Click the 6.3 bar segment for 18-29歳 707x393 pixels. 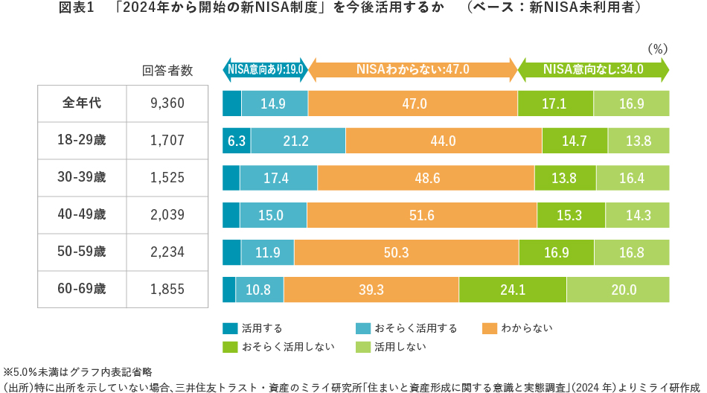tap(237, 140)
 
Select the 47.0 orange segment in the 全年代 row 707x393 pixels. tap(413, 103)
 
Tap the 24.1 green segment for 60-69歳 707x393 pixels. tap(513, 290)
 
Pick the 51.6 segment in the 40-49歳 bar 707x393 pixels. tap(421, 215)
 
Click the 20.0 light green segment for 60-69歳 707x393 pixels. tap(618, 290)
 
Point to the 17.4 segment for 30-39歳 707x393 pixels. tap(278, 178)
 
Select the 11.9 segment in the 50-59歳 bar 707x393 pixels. tap(267, 252)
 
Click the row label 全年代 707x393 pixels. tap(82, 103)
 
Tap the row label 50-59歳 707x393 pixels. tap(82, 252)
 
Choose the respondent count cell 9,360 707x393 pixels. tap(167, 103)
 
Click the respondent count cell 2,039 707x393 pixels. tap(167, 215)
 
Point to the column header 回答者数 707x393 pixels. tap(167, 71)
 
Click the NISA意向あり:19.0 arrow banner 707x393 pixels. tap(266, 70)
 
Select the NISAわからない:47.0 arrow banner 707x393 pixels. tap(413, 70)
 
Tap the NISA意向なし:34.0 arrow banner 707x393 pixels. tap(593, 70)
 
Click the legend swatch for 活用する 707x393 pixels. tap(229, 327)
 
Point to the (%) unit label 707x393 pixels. tap(658, 49)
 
